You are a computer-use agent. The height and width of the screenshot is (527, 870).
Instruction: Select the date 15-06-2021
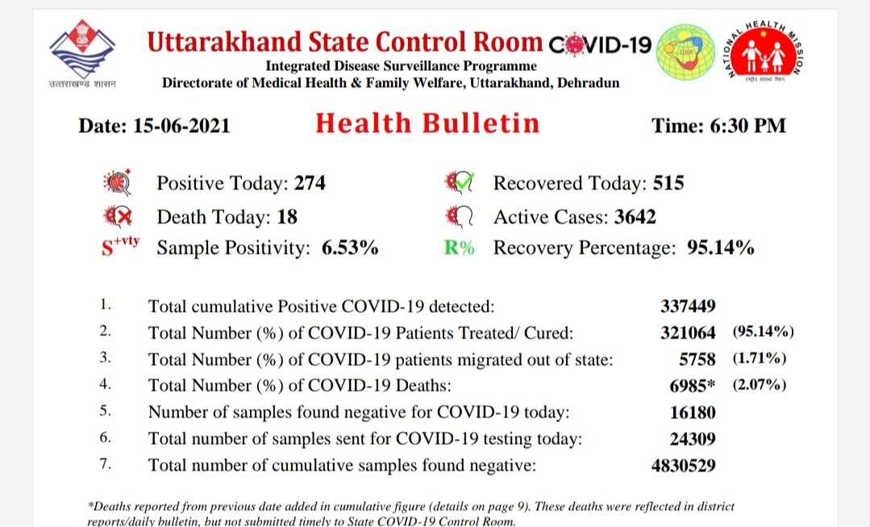181,126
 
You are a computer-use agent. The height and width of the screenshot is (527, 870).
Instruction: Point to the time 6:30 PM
748,126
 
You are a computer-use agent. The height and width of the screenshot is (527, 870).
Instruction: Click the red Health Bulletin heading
427,123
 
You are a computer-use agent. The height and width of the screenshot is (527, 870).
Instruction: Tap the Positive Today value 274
310,183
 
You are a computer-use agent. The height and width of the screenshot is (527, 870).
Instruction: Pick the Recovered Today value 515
668,183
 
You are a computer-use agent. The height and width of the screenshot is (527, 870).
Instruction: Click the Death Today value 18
287,217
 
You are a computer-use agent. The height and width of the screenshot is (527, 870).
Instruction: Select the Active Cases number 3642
635,217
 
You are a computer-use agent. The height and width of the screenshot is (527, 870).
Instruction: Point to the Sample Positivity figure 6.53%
350,247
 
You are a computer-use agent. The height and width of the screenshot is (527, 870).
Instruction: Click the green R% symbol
459,247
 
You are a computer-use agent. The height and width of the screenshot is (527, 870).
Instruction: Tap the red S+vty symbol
120,246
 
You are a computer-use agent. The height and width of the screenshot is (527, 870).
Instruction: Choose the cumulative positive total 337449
688,306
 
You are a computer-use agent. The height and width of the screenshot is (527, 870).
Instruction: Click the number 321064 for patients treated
688,333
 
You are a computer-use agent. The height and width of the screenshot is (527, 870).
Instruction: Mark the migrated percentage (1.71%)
760,359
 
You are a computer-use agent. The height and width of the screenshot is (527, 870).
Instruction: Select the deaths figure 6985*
693,385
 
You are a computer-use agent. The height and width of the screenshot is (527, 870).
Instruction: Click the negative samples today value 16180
693,412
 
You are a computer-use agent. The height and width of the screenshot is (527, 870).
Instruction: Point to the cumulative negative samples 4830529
684,466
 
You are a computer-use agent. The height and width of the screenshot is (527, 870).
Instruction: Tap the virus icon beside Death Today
119,216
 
